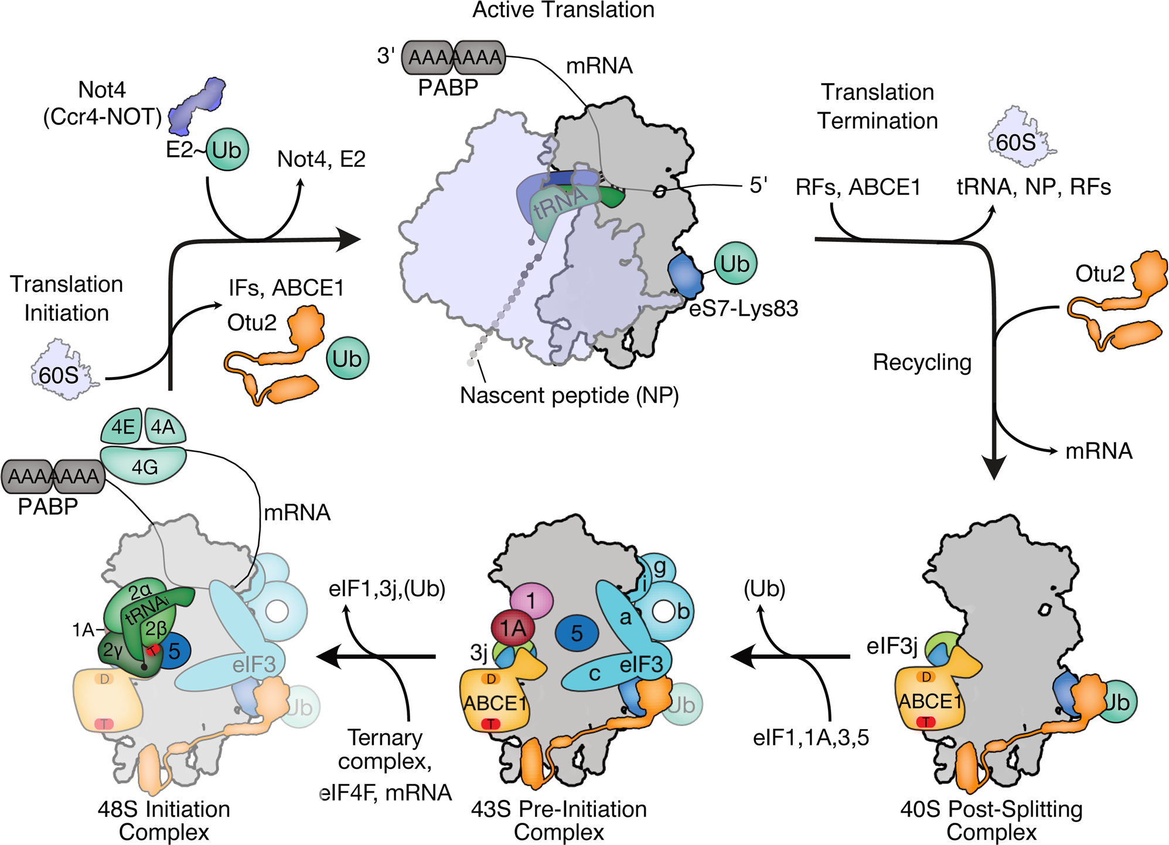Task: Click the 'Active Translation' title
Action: pos(563,10)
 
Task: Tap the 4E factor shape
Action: pos(122,427)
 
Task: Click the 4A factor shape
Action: pos(163,427)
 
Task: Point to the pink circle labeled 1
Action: pos(531,601)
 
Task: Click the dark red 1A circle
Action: pos(513,628)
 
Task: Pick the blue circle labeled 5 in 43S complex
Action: pos(577,633)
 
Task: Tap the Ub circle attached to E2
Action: pos(227,150)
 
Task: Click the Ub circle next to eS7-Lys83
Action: pos(735,264)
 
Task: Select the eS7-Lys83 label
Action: pos(743,308)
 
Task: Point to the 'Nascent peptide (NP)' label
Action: pos(569,395)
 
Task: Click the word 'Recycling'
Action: pos(922,362)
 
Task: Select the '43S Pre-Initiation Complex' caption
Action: pos(559,820)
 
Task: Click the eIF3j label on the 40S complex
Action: pos(891,646)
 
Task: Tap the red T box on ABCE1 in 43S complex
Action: pos(490,724)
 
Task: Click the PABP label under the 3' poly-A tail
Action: pos(448,88)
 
